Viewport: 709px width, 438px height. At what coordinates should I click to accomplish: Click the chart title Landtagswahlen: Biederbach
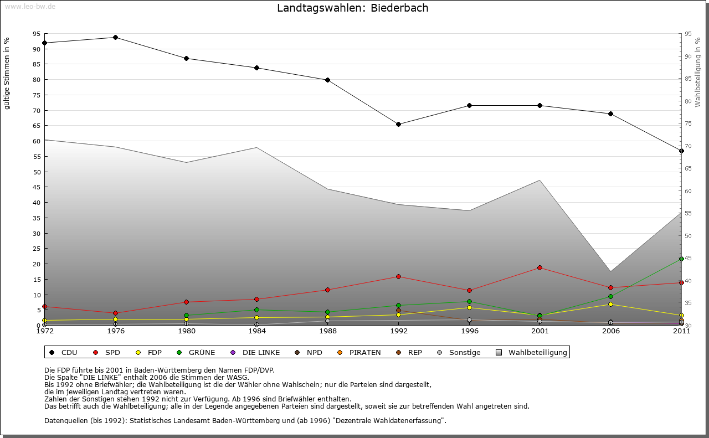(352, 8)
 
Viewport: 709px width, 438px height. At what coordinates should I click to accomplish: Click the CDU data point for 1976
(115, 37)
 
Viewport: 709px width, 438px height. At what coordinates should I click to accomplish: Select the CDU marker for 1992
(398, 124)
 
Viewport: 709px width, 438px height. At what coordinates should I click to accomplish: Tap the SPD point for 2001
(540, 268)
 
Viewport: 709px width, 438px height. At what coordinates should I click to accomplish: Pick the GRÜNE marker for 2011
(681, 259)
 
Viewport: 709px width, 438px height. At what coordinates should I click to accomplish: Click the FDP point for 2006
(610, 304)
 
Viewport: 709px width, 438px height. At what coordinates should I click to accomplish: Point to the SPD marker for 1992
(398, 276)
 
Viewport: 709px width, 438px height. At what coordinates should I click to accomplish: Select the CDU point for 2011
(681, 151)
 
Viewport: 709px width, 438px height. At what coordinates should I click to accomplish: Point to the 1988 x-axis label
(328, 332)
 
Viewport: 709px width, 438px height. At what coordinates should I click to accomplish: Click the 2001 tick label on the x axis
(540, 332)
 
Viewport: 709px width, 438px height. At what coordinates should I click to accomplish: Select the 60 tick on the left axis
(37, 141)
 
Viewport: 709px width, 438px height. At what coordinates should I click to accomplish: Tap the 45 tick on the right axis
(688, 258)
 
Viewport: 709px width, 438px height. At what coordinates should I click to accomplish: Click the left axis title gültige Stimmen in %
(7, 73)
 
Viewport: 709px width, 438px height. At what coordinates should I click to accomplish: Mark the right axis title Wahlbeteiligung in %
(698, 72)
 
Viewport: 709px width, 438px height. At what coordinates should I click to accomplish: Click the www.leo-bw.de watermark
(29, 6)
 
